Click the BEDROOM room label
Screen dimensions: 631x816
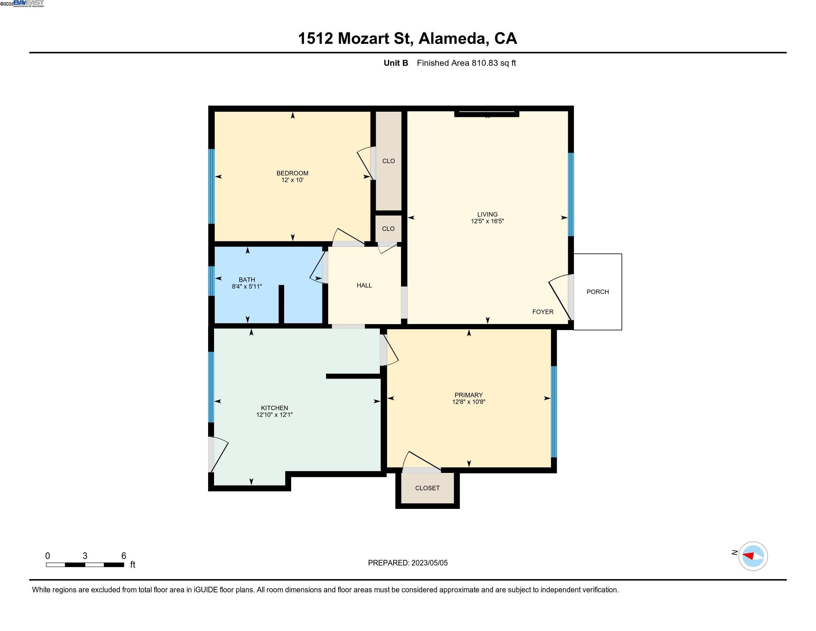[292, 173]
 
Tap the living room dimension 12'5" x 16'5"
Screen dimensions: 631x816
[487, 221]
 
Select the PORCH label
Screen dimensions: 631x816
[597, 292]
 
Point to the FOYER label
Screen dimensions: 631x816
[543, 312]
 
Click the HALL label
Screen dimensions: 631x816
[364, 285]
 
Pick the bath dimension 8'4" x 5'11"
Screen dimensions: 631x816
[247, 286]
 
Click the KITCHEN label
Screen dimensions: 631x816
[274, 408]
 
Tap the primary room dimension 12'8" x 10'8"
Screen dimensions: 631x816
[468, 402]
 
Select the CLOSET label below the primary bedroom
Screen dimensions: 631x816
[427, 488]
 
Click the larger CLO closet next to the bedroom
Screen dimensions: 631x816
[388, 161]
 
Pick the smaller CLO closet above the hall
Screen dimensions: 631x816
[388, 228]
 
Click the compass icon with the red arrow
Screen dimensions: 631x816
[753, 556]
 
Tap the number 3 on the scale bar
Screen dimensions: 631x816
[85, 556]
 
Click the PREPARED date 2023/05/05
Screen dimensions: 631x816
[429, 563]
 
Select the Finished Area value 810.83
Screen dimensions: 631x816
[485, 63]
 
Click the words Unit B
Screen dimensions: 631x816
[396, 63]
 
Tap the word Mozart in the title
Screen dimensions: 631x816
[373, 38]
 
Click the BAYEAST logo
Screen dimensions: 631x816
[29, 3]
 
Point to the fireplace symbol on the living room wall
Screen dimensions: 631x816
[487, 114]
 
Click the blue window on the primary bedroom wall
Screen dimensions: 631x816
[554, 412]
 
